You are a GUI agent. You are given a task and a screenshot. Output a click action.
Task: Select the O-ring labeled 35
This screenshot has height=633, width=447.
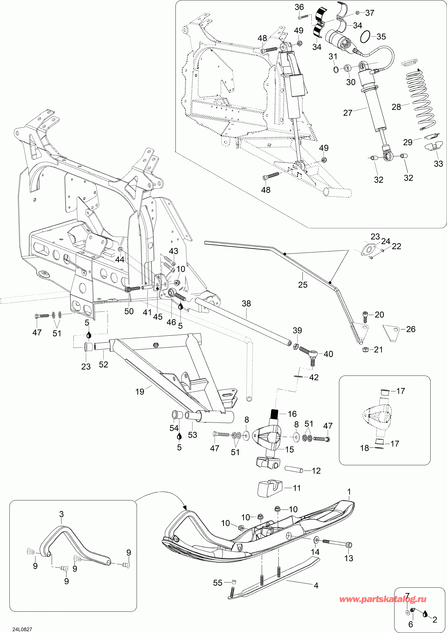click(x=365, y=37)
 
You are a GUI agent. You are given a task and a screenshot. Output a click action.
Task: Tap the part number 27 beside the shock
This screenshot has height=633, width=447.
click(x=348, y=113)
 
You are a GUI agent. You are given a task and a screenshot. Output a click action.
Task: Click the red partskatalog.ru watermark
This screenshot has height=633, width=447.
click(x=383, y=599)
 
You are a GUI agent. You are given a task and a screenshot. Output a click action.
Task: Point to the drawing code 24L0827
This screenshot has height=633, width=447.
click(x=22, y=629)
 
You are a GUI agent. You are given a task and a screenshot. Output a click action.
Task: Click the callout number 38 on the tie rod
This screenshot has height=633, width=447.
click(x=246, y=304)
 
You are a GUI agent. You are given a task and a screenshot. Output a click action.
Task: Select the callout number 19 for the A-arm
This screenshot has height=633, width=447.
click(x=140, y=391)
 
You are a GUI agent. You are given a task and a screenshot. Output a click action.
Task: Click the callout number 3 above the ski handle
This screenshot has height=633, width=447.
click(x=61, y=514)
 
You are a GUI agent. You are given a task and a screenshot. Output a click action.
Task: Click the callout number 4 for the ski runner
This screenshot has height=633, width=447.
click(x=316, y=585)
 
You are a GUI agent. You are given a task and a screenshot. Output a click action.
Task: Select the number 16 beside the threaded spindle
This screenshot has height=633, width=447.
click(x=292, y=414)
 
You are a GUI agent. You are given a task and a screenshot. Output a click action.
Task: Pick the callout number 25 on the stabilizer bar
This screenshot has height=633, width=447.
click(x=303, y=285)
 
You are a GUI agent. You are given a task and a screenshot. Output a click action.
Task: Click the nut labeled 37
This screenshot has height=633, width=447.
click(x=357, y=13)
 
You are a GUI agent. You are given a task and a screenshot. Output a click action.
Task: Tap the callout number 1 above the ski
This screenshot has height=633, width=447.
click(x=349, y=492)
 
